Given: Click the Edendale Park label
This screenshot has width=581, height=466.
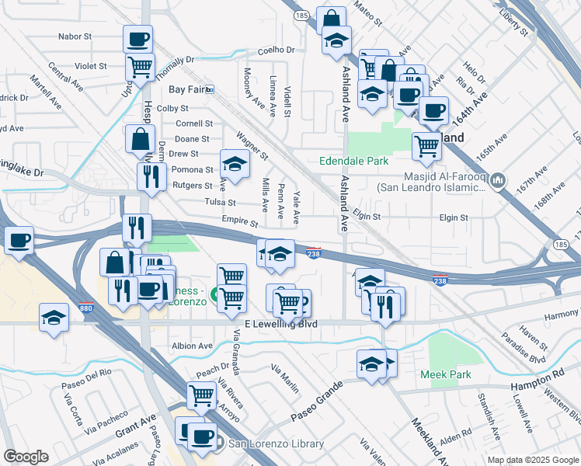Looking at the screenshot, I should [x=353, y=162].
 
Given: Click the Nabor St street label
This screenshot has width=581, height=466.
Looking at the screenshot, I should [x=75, y=37].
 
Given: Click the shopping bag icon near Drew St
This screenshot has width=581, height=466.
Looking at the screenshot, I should [x=140, y=139].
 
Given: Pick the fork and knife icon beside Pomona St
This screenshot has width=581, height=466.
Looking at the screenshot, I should [x=151, y=176].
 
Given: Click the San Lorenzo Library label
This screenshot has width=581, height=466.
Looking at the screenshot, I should [x=275, y=443].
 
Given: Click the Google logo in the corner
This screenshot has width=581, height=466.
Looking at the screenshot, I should [x=26, y=456].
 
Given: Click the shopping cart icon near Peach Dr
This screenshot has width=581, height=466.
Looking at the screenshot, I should [x=202, y=395].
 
